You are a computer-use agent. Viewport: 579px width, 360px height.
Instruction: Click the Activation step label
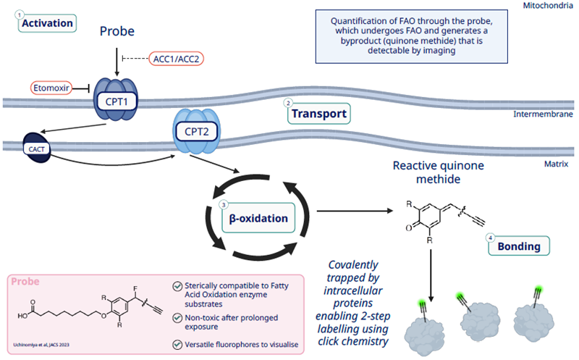pyautogui.click(x=48, y=23)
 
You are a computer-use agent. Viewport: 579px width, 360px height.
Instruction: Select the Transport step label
pyautogui.click(x=319, y=114)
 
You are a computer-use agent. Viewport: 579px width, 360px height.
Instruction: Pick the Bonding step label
pyautogui.click(x=519, y=246)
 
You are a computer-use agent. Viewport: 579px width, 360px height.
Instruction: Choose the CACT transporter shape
pyautogui.click(x=34, y=148)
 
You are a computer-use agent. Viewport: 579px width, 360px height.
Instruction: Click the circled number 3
pyautogui.click(x=224, y=205)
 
